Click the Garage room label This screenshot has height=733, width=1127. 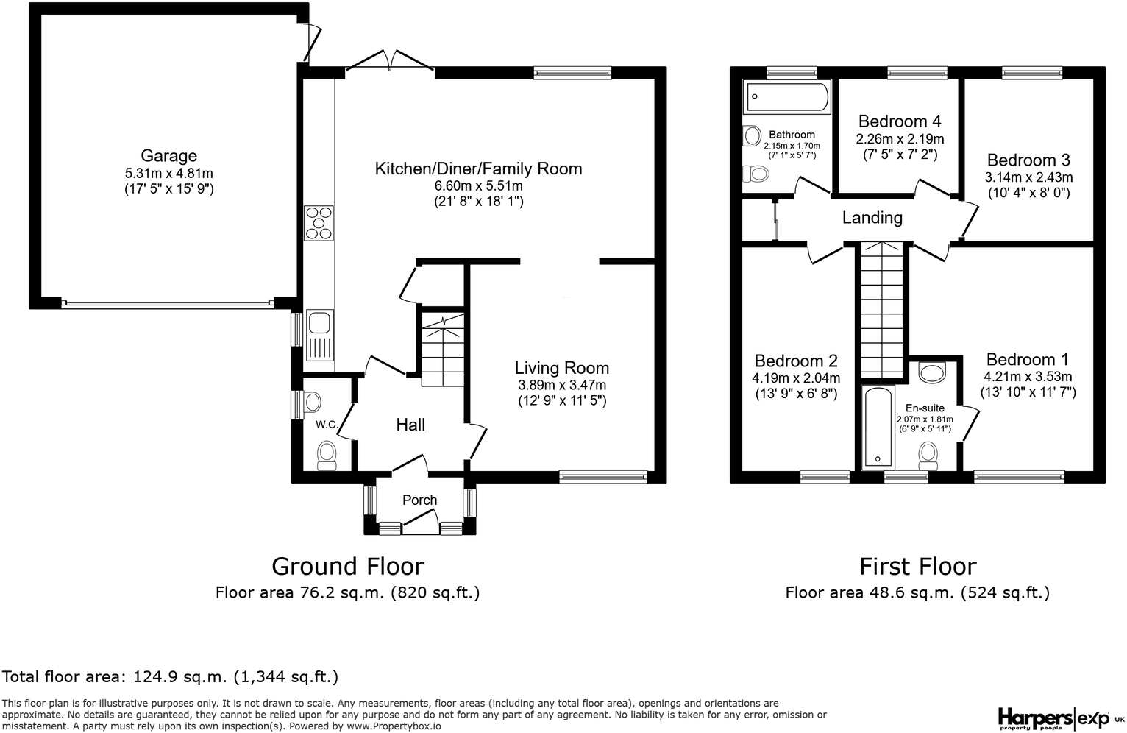click(x=168, y=155)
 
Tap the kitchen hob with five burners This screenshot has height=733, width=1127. click(x=319, y=222)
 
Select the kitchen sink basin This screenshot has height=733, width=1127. click(x=319, y=322)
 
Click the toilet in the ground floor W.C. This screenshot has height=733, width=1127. click(x=327, y=455)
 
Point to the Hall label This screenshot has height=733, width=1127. click(x=410, y=425)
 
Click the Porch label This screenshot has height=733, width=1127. click(x=419, y=500)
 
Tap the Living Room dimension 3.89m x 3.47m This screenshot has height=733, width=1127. click(x=562, y=385)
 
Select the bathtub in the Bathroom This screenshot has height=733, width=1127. click(x=787, y=96)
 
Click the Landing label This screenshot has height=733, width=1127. click(x=872, y=218)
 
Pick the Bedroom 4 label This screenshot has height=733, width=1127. click(x=900, y=121)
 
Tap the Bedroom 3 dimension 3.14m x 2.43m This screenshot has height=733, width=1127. click(x=1029, y=177)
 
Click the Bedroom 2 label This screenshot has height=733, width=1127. click(x=796, y=361)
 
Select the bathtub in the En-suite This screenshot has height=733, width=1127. click(x=878, y=427)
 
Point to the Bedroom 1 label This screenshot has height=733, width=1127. click(x=1028, y=359)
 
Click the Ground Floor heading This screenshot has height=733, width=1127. click(x=348, y=567)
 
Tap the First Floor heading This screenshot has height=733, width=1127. click(x=917, y=567)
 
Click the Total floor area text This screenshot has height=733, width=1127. click(x=170, y=676)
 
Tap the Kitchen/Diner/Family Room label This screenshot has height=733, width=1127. click(x=478, y=169)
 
